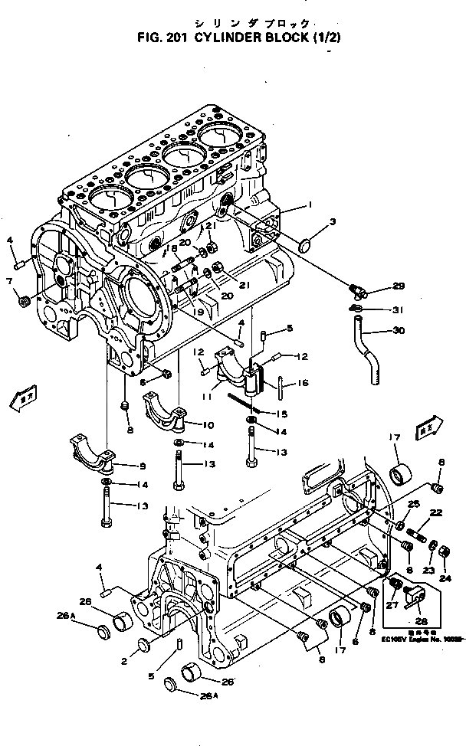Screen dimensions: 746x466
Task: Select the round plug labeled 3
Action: coord(305,246)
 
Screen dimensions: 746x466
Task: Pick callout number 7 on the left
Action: coord(9,281)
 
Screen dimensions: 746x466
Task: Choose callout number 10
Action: coord(208,425)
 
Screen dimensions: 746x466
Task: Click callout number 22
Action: coord(435,513)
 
